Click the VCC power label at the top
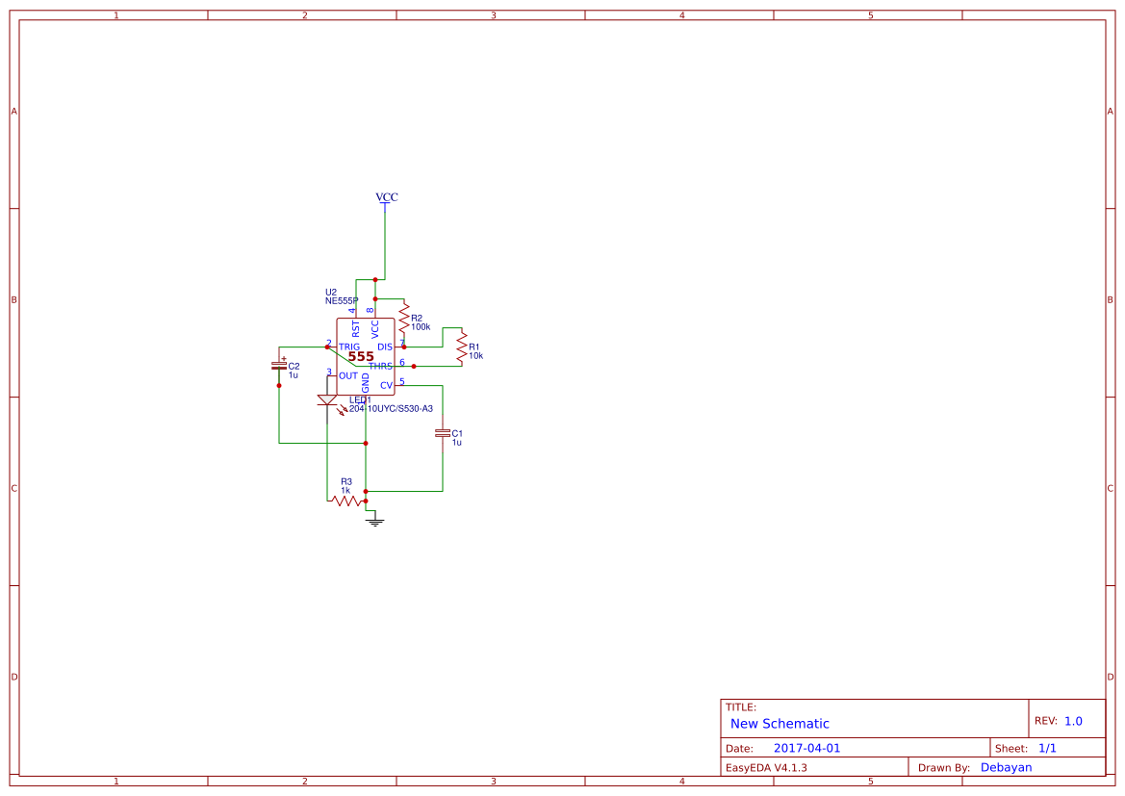pyautogui.click(x=386, y=197)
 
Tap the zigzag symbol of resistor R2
pyautogui.click(x=404, y=315)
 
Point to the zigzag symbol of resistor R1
pyautogui.click(x=462, y=346)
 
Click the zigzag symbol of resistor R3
pyautogui.click(x=346, y=501)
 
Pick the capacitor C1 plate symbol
pyautogui.click(x=443, y=434)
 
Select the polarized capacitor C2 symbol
pyautogui.click(x=279, y=365)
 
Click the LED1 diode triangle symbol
pyautogui.click(x=327, y=399)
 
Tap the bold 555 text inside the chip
pyautogui.click(x=361, y=356)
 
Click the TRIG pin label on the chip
pyautogui.click(x=349, y=347)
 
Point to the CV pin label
pyautogui.click(x=386, y=385)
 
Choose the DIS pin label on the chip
pyautogui.click(x=385, y=347)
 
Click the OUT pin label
pyautogui.click(x=348, y=375)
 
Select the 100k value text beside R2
pyautogui.click(x=421, y=327)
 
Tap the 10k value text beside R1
pyautogui.click(x=475, y=356)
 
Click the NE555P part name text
pyautogui.click(x=342, y=301)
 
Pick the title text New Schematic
pyautogui.click(x=780, y=724)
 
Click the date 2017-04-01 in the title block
pyautogui.click(x=806, y=748)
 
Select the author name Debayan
pyautogui.click(x=1006, y=767)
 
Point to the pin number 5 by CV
pyautogui.click(x=402, y=381)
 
